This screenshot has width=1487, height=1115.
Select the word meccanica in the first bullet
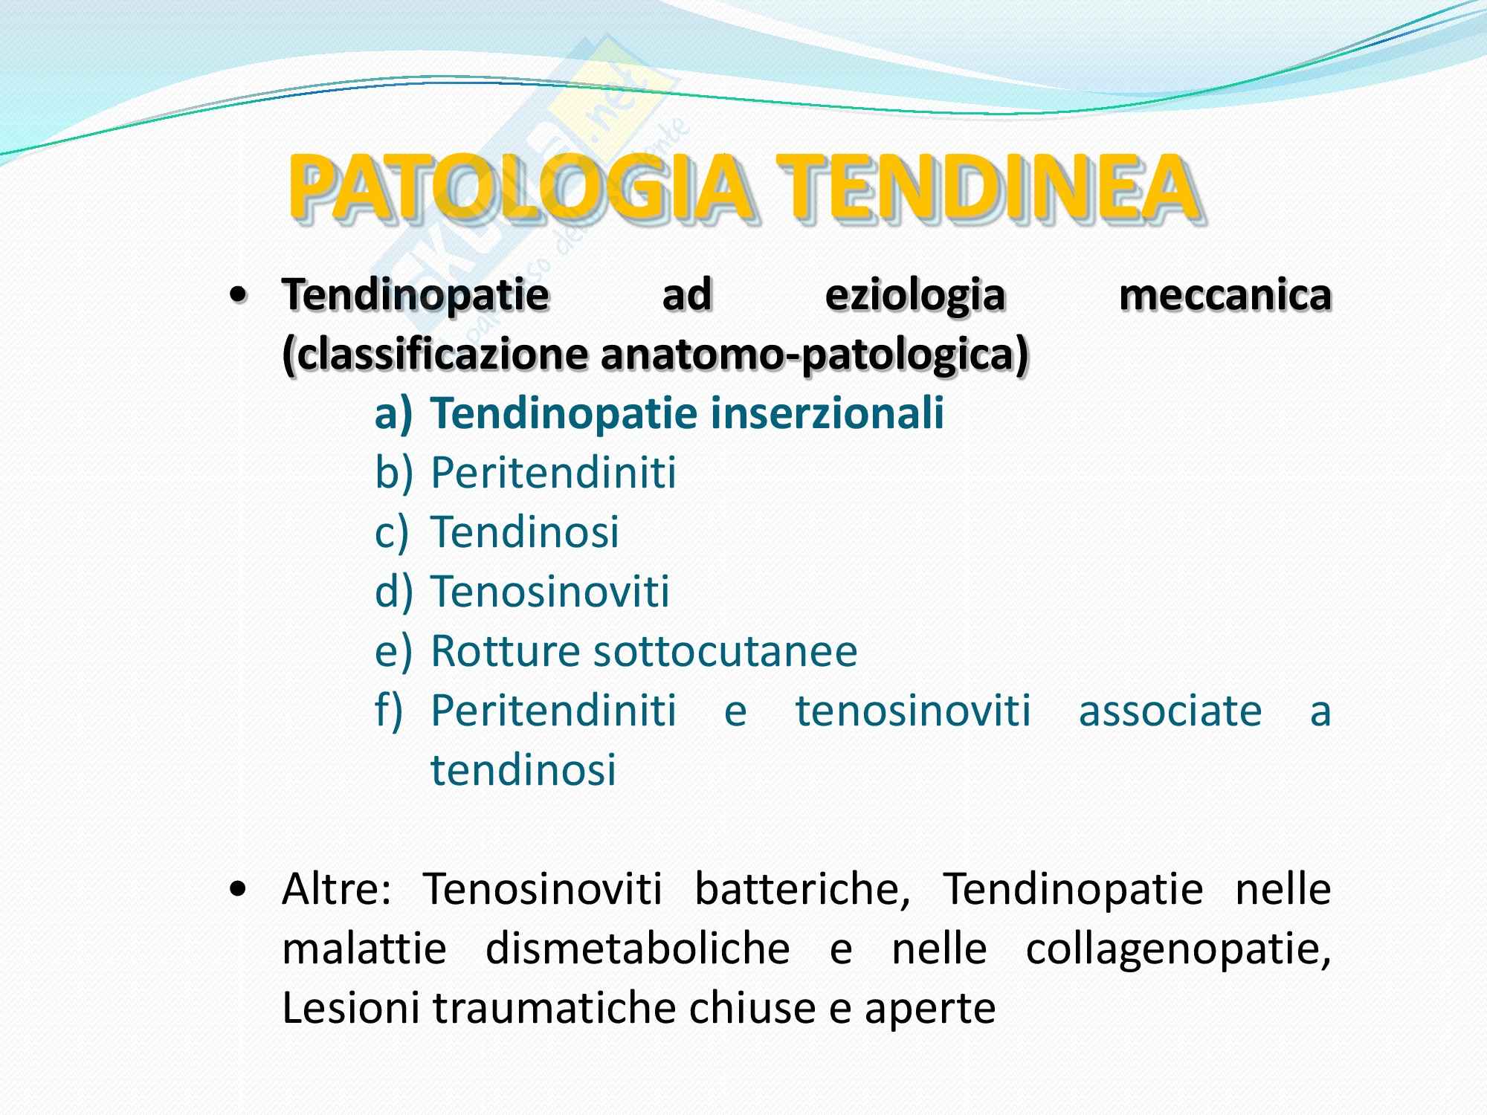click(x=1225, y=295)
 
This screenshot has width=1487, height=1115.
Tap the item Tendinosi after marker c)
click(x=525, y=532)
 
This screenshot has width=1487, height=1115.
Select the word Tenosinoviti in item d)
click(x=550, y=592)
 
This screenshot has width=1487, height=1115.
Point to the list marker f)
click(x=389, y=711)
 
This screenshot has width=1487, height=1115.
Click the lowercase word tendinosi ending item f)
click(x=523, y=770)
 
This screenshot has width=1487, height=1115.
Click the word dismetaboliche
click(x=637, y=948)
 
